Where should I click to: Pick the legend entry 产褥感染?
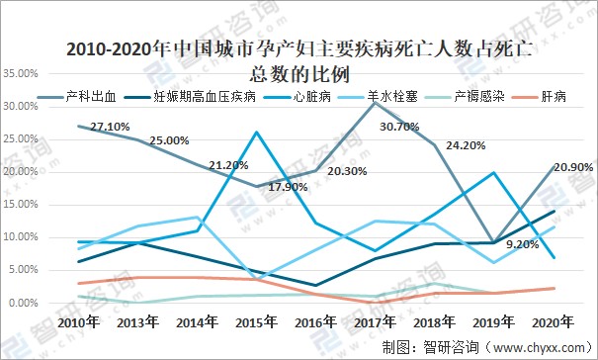[472, 97]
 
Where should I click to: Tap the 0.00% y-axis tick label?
[23, 303]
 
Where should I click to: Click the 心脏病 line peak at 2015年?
[257, 133]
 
